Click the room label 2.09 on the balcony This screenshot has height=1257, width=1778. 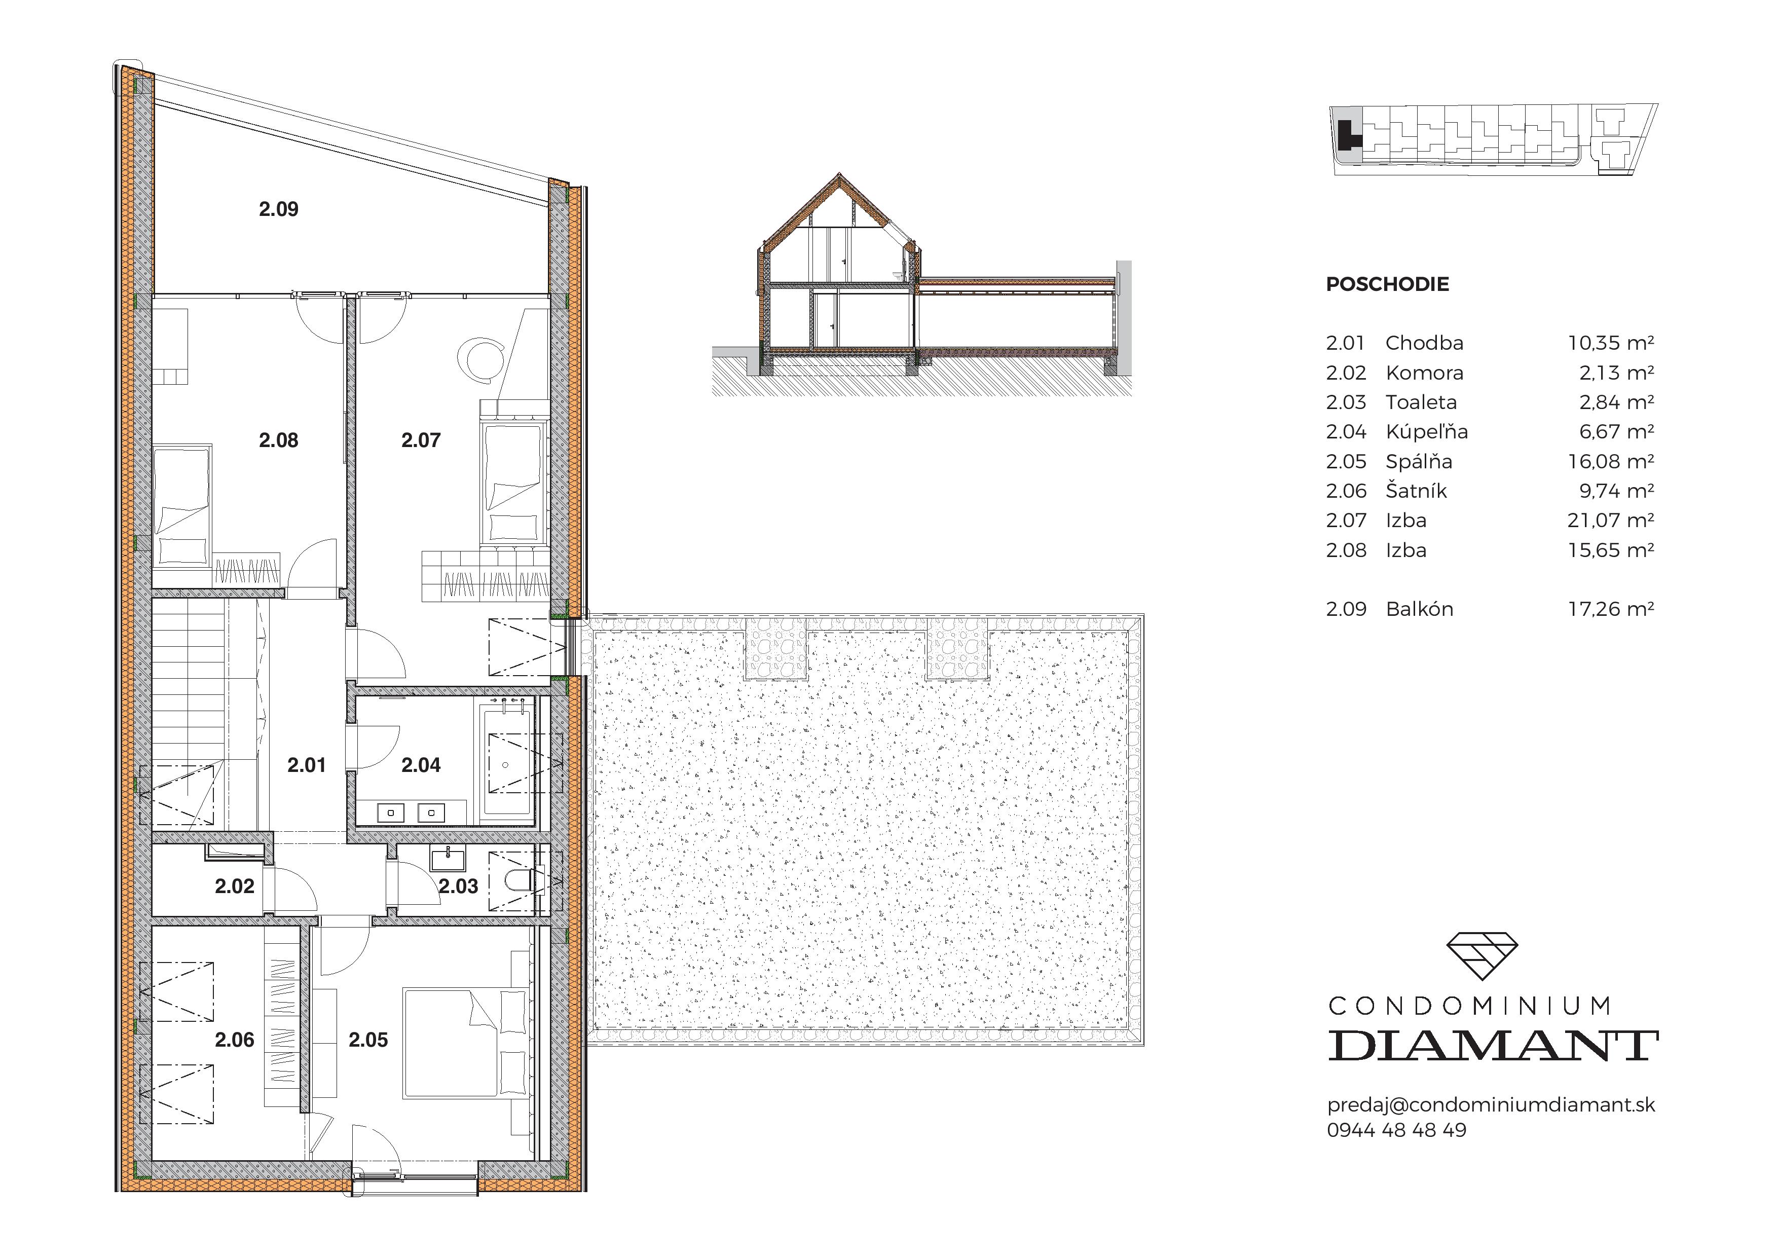(278, 209)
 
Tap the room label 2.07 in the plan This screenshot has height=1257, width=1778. (421, 440)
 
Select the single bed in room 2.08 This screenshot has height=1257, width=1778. (182, 503)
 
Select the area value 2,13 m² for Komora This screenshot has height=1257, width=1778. (1616, 373)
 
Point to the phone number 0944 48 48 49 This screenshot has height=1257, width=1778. (1396, 1130)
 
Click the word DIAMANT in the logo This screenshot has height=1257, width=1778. (1492, 1046)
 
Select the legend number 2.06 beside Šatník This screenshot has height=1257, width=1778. (1346, 491)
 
